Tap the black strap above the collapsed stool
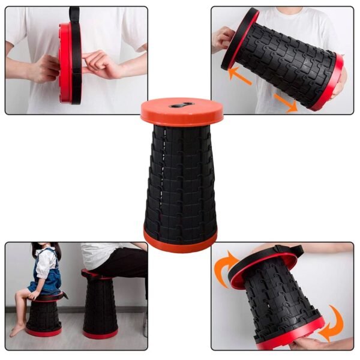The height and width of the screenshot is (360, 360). [x=74, y=14]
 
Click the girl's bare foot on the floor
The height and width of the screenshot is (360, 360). [x=17, y=330]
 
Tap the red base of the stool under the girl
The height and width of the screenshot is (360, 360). [x=43, y=332]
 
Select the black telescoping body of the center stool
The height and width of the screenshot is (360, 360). [x=180, y=180]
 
